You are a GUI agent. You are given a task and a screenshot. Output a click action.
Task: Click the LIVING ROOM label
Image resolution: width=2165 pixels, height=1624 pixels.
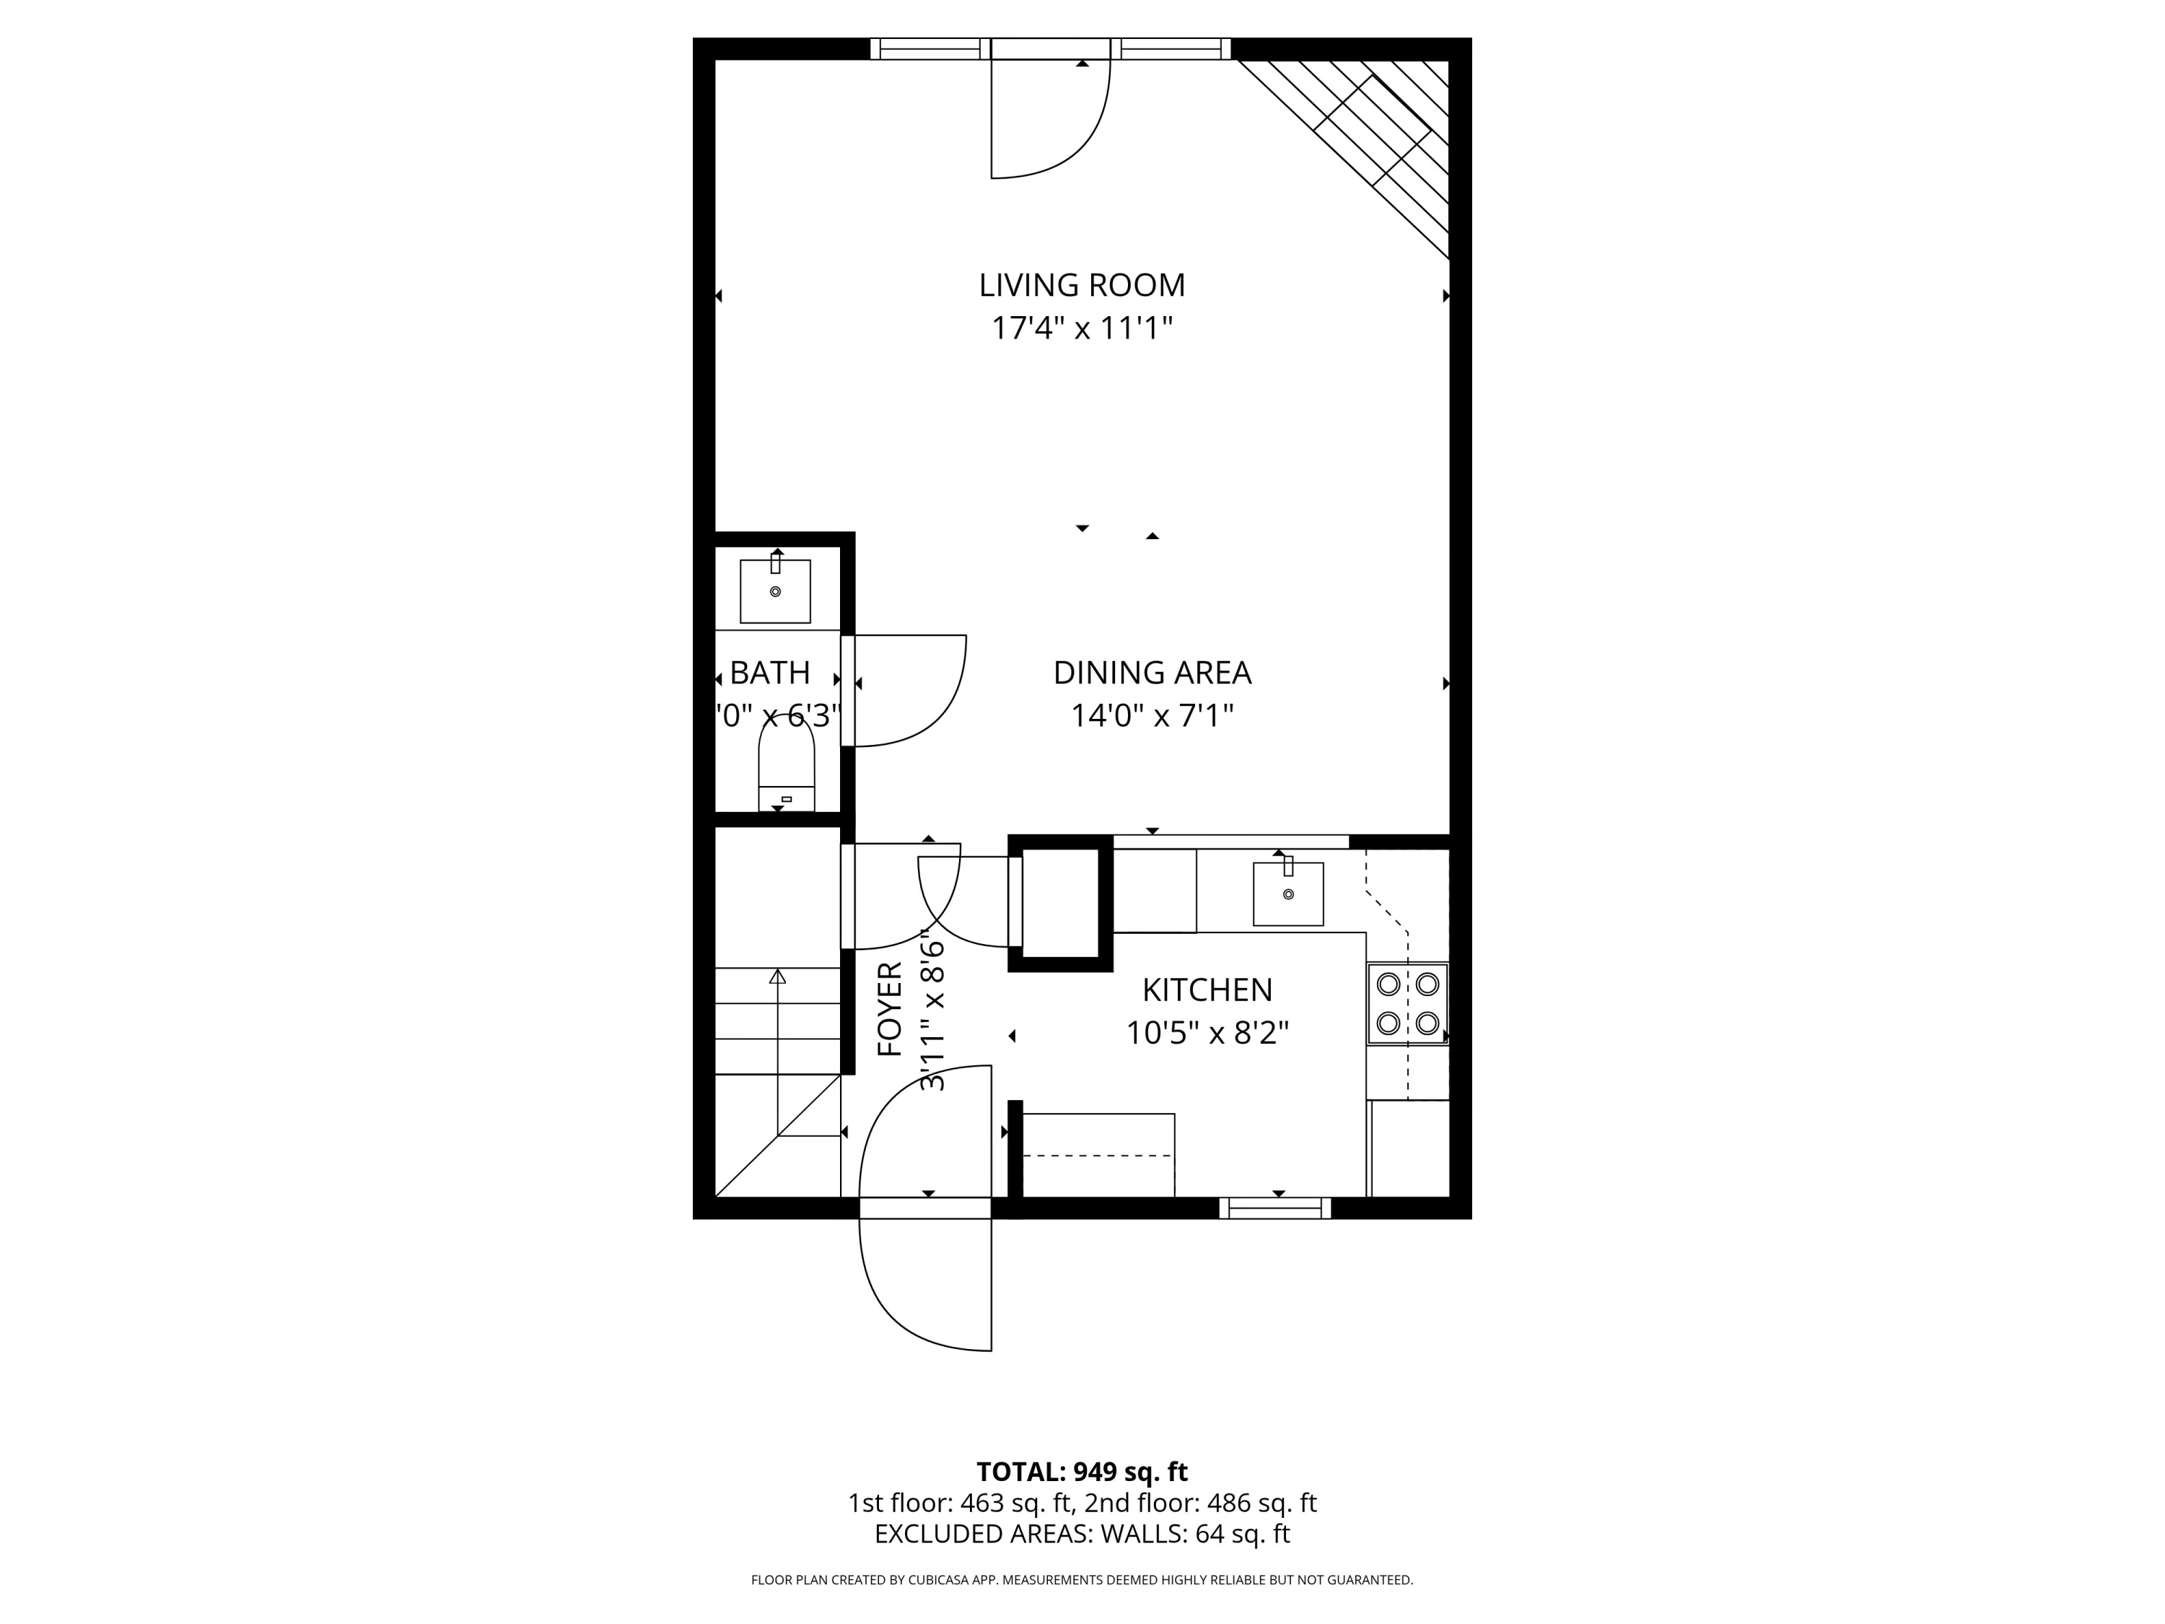tap(1082, 285)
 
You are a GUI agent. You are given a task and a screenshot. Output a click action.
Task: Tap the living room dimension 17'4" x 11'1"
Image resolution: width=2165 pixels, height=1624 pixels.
tap(1082, 328)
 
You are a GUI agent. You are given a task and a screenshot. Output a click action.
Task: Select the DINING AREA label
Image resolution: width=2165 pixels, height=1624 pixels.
tap(1152, 673)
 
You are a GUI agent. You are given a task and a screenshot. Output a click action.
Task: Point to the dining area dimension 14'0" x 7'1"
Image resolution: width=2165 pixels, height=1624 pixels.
tap(1152, 715)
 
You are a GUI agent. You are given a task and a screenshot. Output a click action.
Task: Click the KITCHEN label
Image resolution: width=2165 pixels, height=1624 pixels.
tap(1207, 990)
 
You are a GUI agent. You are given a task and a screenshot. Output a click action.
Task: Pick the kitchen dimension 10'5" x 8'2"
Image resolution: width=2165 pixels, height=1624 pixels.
tap(1207, 1033)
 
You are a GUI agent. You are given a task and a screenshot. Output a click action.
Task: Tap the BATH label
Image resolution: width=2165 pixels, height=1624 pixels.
tap(769, 673)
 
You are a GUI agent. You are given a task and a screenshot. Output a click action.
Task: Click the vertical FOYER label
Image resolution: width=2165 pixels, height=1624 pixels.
tap(890, 1009)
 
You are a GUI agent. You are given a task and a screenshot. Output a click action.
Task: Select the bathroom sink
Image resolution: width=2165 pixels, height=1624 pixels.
tap(775, 590)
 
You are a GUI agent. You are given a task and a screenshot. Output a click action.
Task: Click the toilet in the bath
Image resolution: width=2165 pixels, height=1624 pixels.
tap(786, 764)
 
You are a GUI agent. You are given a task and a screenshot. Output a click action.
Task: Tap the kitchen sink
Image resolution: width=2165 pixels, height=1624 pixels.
tap(1288, 893)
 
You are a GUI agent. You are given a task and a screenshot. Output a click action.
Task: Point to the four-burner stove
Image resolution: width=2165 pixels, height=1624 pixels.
tap(1407, 1003)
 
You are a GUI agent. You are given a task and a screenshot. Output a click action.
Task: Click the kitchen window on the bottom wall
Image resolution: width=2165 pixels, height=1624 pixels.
tap(1274, 1209)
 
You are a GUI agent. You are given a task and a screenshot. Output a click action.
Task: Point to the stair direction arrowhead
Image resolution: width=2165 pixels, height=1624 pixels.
tap(777, 976)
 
